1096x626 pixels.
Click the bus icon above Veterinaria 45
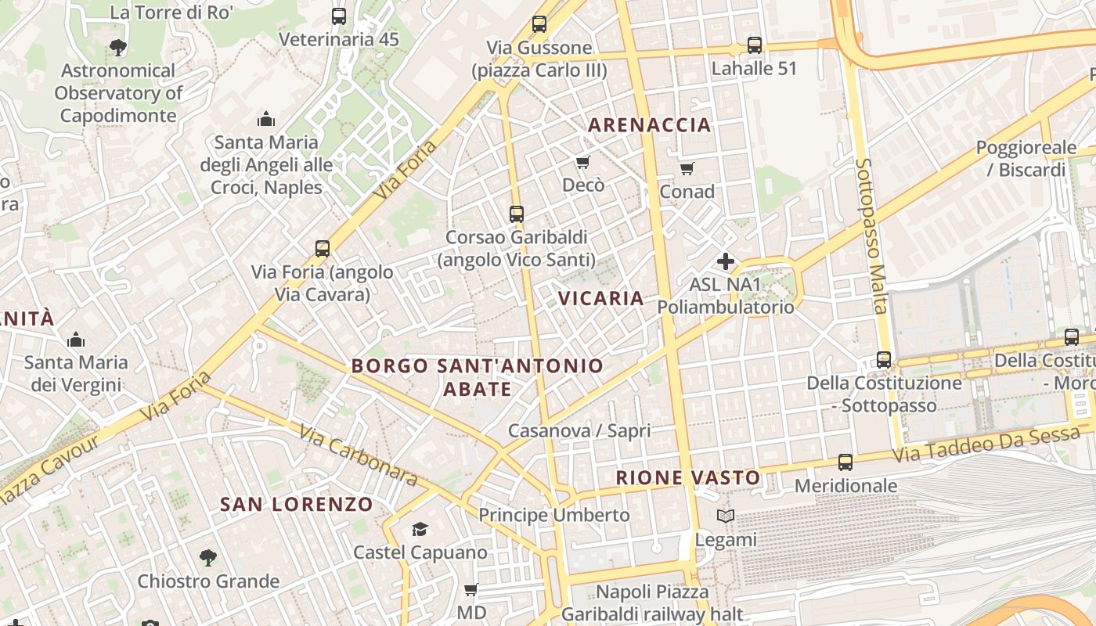[339, 16]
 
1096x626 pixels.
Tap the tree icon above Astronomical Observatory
[118, 48]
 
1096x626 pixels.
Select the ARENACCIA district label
[650, 125]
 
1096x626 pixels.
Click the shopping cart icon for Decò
[582, 162]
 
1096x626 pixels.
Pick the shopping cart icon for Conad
[687, 168]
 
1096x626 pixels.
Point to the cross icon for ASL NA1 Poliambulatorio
[726, 261]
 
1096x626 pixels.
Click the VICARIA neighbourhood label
[601, 298]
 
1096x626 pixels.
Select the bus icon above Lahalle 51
[755, 45]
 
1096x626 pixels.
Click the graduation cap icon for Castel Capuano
[420, 530]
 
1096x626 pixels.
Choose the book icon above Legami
[726, 516]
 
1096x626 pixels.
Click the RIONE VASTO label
[688, 477]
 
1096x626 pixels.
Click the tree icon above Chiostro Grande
[207, 558]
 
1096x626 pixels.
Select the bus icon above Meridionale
[845, 462]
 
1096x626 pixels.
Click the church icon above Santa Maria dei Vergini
[76, 340]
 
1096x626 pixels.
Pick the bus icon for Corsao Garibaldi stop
[517, 214]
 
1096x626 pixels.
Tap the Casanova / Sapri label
[579, 431]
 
